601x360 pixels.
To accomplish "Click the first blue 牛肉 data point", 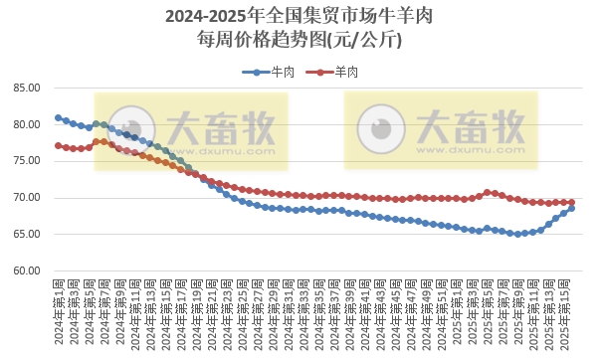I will tap(58, 117).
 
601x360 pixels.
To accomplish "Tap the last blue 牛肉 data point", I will tap(571, 208).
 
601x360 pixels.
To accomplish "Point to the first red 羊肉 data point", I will tap(58, 145).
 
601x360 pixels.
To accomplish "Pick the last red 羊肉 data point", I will tap(571, 202).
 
